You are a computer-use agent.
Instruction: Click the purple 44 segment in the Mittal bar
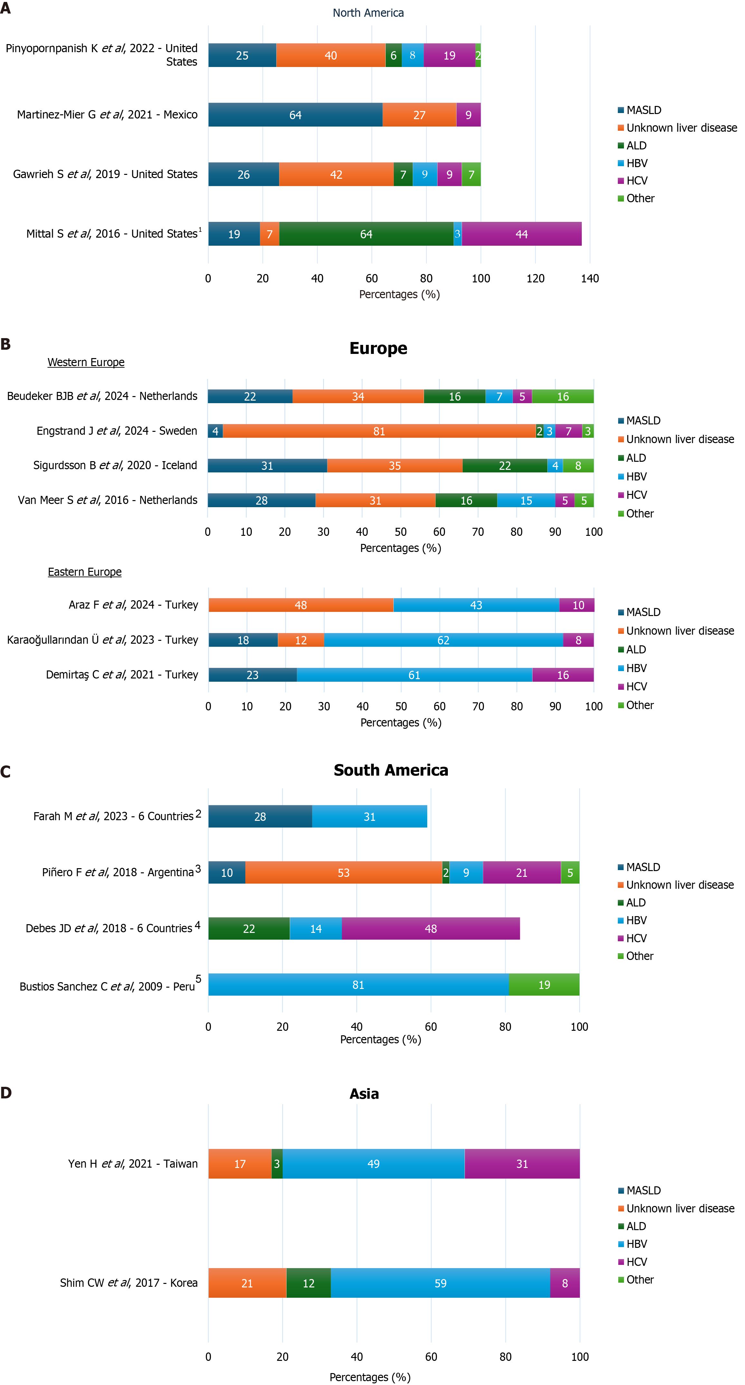point(521,234)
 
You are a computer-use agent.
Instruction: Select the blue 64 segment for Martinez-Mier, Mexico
point(295,115)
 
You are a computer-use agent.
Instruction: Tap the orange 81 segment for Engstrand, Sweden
point(379,431)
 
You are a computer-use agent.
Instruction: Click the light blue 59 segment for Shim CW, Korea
point(440,1283)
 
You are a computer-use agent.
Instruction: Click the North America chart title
point(368,13)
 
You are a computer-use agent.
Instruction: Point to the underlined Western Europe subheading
point(86,362)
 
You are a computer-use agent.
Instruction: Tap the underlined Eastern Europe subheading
point(85,572)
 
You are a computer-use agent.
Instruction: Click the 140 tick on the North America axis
point(589,279)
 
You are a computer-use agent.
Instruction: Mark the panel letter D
point(6,1093)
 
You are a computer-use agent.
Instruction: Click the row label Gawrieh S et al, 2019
point(105,174)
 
